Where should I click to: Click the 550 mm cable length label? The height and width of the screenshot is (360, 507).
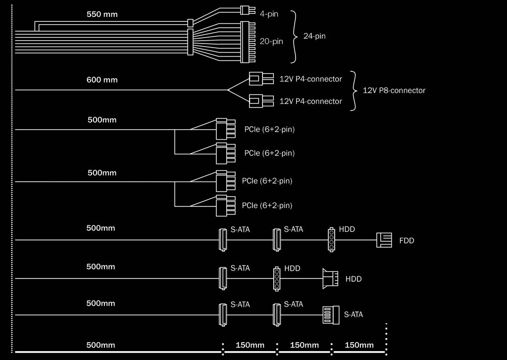tap(102, 14)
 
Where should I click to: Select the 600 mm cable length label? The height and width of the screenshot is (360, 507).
tap(102, 80)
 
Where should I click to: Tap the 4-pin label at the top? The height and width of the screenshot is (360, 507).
tap(269, 14)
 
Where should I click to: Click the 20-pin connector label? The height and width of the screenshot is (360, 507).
tap(271, 42)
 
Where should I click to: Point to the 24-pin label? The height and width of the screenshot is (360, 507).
tap(314, 36)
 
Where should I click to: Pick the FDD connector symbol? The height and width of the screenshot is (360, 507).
tap(384, 241)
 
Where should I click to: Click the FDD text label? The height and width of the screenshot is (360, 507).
tap(406, 241)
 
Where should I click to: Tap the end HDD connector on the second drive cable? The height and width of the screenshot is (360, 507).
tap(330, 278)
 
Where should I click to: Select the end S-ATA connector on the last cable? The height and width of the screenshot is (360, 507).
tap(330, 314)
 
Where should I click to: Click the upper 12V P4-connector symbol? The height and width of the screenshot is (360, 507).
tap(260, 78)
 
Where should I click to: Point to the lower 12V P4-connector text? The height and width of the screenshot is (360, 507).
tap(310, 102)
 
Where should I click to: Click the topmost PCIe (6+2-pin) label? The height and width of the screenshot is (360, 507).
tap(269, 130)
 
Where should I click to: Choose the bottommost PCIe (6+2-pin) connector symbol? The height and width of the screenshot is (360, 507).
tap(221, 206)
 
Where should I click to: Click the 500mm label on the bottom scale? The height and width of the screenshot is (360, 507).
tap(101, 345)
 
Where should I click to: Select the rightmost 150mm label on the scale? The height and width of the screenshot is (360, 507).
tap(359, 345)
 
